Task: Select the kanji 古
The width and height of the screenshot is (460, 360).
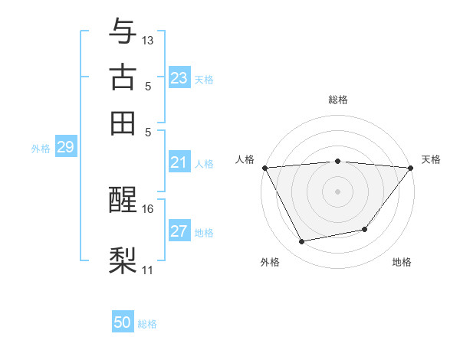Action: point(123,77)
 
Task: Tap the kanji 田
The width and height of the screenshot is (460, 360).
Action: point(123,123)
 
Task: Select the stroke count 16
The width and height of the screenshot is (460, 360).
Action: point(148,208)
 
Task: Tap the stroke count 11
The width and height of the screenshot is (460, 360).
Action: point(148,270)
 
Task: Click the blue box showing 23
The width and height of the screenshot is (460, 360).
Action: point(179,78)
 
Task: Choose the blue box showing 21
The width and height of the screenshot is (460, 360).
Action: point(179,162)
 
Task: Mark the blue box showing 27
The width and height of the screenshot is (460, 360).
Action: point(179,232)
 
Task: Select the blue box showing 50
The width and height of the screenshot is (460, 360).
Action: point(123,322)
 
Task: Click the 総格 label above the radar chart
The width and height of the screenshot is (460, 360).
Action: point(338,100)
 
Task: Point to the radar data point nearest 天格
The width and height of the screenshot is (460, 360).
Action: point(411,168)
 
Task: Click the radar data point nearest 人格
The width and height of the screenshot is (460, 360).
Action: point(264,168)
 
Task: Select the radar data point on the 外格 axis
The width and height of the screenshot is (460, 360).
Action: point(301,242)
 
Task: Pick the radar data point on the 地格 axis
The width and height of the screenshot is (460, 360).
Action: point(365,229)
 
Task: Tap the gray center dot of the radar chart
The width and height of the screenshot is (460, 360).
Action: point(338,191)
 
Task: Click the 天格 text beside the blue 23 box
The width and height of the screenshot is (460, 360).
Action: point(204,79)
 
